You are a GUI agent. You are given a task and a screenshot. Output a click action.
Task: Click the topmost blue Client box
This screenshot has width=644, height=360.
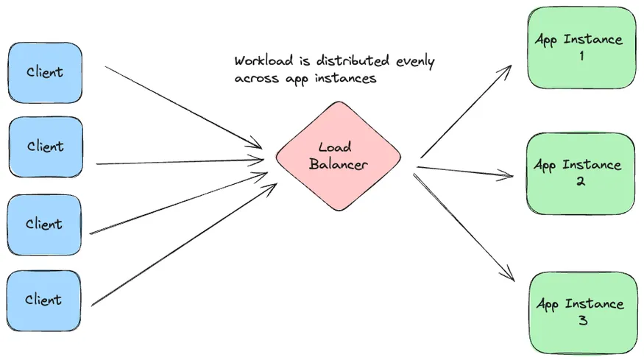[x=45, y=72]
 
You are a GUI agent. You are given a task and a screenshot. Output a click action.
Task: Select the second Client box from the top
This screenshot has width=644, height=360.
[x=45, y=147]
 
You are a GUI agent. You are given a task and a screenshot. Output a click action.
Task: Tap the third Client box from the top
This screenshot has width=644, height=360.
[x=45, y=224]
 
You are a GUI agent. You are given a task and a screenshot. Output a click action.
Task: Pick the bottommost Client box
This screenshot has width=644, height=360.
[x=45, y=300]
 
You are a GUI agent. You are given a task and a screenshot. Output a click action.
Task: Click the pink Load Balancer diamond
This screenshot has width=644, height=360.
[x=339, y=156]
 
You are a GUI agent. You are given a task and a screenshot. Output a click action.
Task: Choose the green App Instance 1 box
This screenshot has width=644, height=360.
[x=581, y=47]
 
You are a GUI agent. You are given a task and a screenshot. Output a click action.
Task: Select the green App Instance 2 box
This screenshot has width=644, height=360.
[x=581, y=172]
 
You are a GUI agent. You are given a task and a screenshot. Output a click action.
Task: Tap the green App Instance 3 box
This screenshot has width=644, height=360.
[x=581, y=311]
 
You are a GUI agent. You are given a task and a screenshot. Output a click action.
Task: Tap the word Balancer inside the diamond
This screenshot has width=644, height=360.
[x=338, y=164]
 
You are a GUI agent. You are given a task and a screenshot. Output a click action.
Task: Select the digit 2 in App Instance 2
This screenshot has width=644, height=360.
[x=581, y=181]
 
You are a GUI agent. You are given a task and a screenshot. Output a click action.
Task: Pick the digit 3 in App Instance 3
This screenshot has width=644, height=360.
[x=584, y=320]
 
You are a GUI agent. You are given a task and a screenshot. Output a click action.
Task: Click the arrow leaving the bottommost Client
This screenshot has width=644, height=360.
[x=184, y=244]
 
